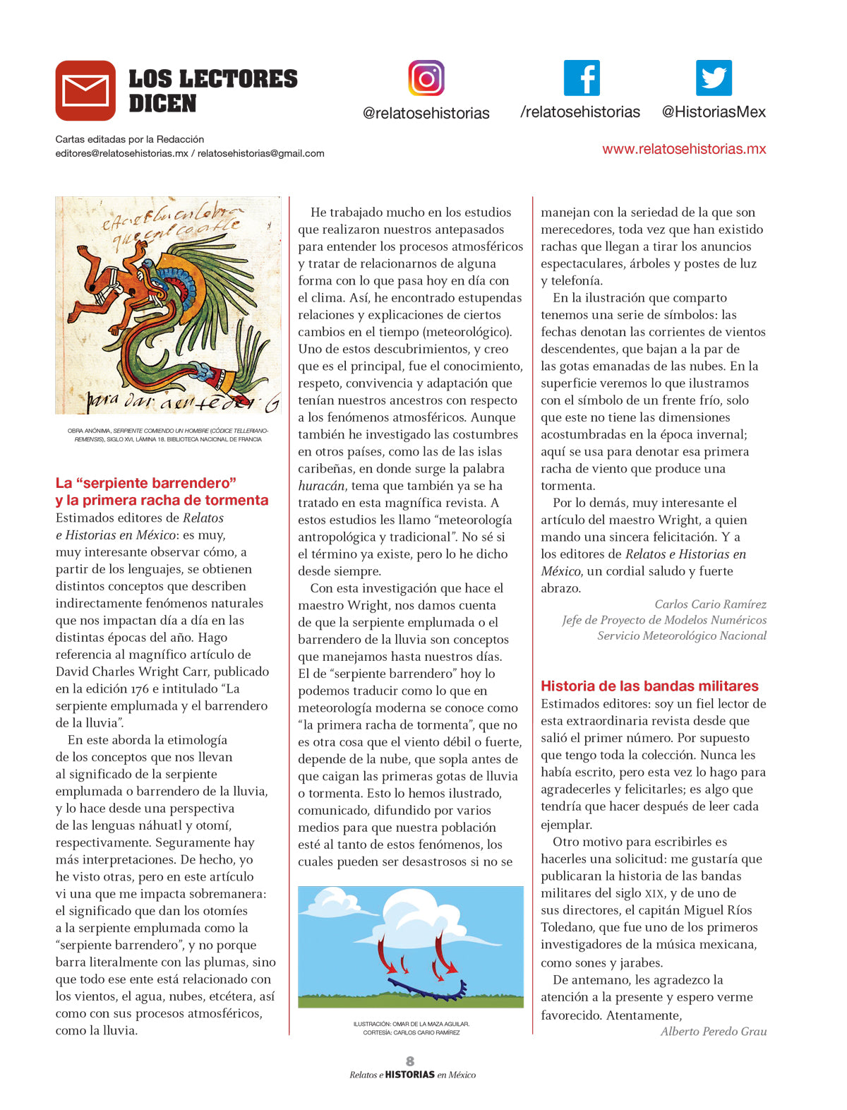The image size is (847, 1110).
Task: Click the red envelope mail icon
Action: (85, 90)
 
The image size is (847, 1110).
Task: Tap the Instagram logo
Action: (426, 78)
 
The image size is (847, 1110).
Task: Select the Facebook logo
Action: (582, 78)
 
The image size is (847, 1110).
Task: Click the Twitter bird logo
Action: (714, 78)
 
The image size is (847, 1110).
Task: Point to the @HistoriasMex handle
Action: (714, 112)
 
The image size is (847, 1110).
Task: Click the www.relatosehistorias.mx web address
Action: (684, 149)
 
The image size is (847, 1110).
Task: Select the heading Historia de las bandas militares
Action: (649, 686)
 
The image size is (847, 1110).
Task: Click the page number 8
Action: (410, 1061)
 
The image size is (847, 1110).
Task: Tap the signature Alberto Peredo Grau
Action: (714, 1032)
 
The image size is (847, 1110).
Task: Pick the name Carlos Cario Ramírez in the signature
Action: (710, 604)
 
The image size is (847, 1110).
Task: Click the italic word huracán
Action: (321, 486)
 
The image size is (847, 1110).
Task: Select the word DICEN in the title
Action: (162, 104)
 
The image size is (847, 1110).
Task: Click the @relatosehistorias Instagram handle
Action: (426, 113)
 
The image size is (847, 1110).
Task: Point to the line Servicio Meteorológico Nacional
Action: (682, 635)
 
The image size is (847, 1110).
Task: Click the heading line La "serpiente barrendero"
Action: (146, 483)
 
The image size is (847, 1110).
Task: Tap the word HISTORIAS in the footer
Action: (410, 1075)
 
